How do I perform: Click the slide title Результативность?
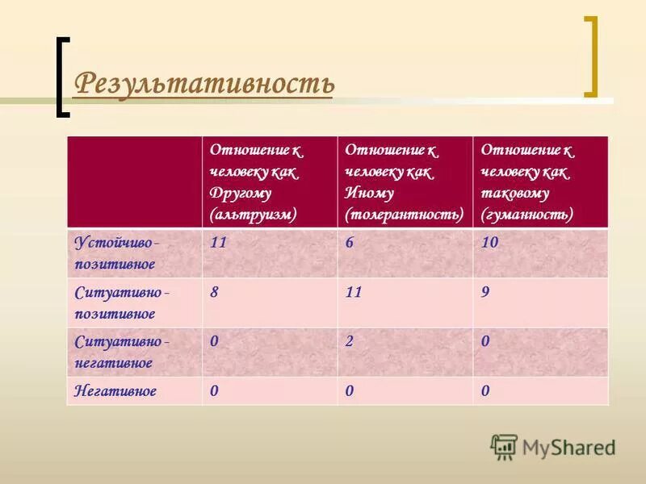(203, 84)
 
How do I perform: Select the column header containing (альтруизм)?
(269, 181)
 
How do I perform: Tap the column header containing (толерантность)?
(405, 181)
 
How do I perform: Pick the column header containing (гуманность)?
(540, 181)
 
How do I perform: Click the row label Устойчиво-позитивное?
(116, 252)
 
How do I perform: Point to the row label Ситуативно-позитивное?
(121, 302)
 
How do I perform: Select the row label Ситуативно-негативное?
(121, 352)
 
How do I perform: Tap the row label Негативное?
(115, 391)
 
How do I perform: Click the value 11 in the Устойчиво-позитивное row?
(218, 243)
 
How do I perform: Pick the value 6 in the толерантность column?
(349, 243)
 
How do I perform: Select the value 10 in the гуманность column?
(489, 243)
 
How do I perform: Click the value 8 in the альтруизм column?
(214, 293)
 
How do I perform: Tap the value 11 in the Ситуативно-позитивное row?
(354, 293)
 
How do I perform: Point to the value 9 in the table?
(485, 293)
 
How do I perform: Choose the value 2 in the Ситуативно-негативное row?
(349, 342)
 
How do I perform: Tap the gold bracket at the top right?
(592, 56)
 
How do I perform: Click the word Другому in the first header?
(241, 194)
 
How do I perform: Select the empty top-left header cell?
(134, 181)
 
